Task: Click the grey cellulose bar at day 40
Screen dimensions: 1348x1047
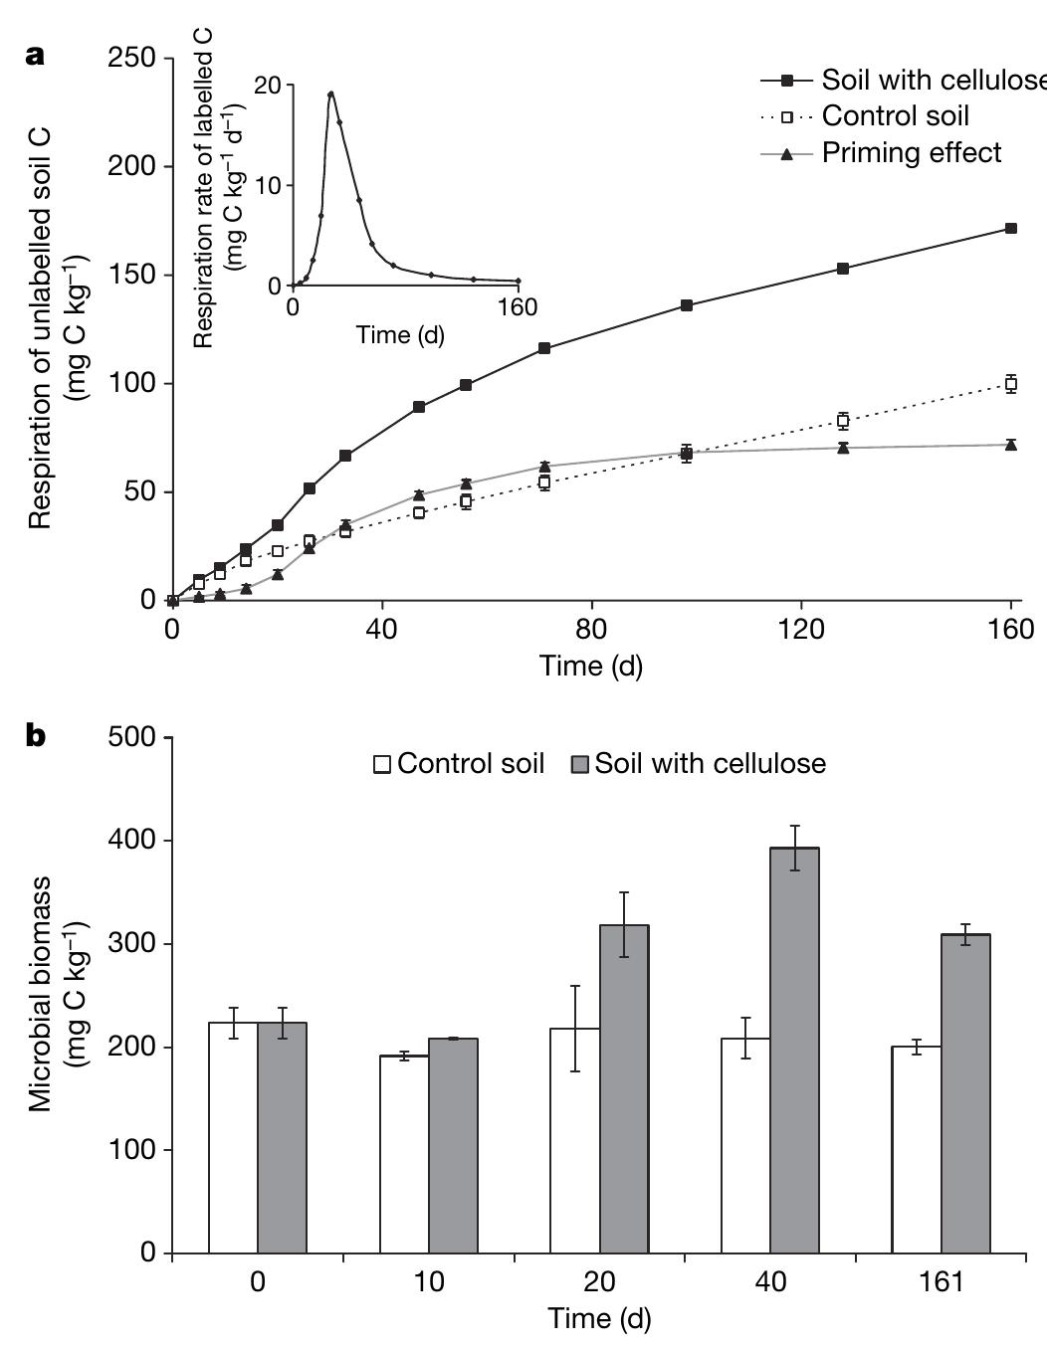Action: [x=794, y=1050]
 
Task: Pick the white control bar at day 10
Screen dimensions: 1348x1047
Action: [x=404, y=1153]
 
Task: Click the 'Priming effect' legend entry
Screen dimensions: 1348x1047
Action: [x=911, y=153]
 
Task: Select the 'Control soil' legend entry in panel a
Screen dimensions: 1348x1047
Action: [x=895, y=116]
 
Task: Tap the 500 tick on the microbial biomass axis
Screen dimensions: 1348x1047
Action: [x=134, y=738]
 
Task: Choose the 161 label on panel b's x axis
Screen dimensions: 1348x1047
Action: [x=942, y=1281]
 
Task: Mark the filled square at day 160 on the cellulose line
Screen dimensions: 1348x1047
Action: [x=1011, y=229]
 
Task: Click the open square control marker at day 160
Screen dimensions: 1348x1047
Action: [x=1011, y=384]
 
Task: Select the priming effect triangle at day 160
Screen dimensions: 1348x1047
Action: [x=1011, y=445]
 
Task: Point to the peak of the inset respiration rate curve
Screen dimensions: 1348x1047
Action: [x=330, y=94]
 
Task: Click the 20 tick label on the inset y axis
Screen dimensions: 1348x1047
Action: [x=267, y=86]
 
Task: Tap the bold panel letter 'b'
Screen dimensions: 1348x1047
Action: [x=36, y=736]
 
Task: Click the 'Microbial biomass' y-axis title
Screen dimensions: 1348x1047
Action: [x=55, y=995]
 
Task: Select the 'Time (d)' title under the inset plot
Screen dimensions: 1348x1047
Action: [x=400, y=335]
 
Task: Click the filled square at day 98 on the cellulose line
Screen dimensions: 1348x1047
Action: [x=687, y=305]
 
